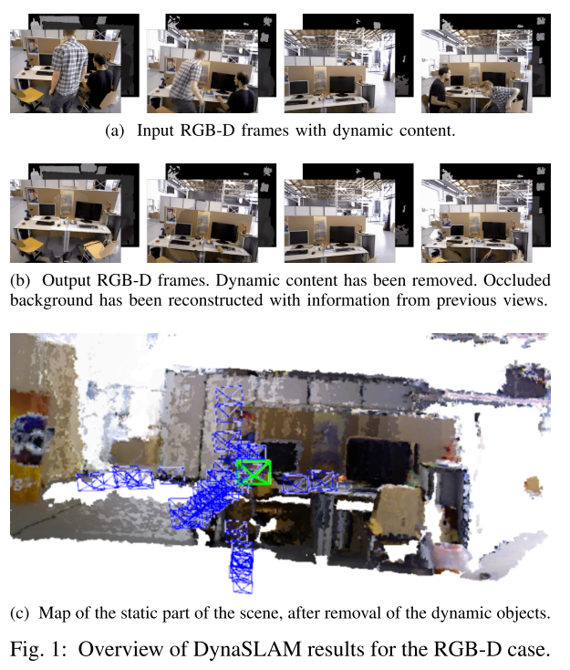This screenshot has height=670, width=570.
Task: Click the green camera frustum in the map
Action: coord(254,472)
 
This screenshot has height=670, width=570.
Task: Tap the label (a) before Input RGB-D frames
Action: coord(114,131)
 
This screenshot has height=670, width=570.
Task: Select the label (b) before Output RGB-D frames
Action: coord(20,280)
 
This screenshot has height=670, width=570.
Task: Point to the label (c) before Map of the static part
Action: coord(20,613)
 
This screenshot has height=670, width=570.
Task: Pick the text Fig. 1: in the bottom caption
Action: coord(38,650)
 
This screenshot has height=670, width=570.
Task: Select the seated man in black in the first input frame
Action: coord(98,81)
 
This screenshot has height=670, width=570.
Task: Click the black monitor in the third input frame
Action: coord(342,87)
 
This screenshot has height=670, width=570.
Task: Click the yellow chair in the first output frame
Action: coord(26,247)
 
